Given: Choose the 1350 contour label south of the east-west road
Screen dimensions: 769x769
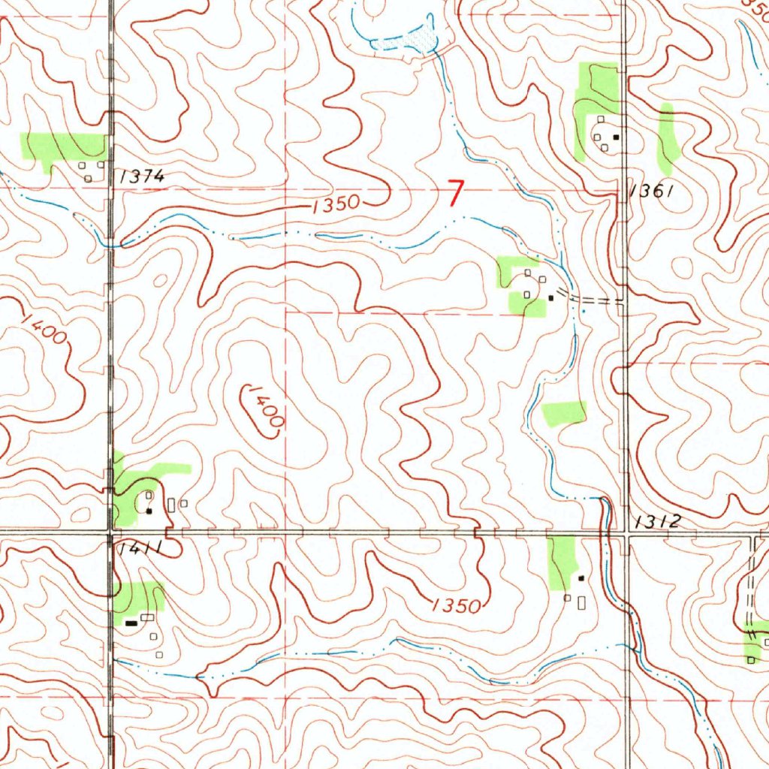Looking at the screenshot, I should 456,605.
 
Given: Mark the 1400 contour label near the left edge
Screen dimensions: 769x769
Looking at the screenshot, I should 44,329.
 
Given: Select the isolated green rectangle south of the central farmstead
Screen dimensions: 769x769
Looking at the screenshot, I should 565,412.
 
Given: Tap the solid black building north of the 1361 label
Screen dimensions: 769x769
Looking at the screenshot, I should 616,137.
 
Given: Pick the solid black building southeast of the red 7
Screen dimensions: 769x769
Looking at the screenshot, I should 550,297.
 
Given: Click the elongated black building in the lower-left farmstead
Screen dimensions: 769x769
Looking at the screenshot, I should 131,622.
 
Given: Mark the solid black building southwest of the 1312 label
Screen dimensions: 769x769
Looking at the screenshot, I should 581,578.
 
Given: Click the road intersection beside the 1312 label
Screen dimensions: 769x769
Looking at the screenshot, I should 627,532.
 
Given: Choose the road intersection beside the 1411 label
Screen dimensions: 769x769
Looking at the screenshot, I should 111,532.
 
